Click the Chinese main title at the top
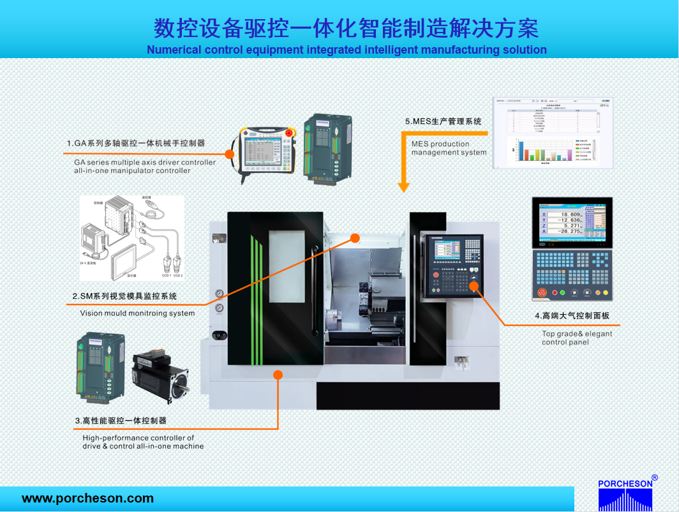346,28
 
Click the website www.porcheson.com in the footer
87,499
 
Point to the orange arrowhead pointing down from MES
403,187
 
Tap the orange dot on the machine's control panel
474,285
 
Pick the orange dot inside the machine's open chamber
355,238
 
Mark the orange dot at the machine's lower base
278,375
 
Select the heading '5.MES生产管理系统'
443,121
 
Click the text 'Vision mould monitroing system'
137,313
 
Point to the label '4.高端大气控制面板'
576,315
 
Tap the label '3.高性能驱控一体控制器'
121,421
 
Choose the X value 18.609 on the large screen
567,215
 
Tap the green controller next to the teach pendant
327,149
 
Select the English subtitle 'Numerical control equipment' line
347,50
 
